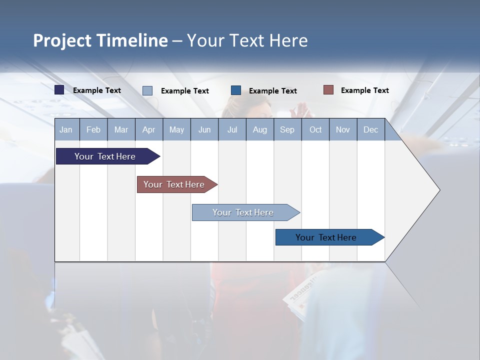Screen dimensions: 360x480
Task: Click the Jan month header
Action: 66,129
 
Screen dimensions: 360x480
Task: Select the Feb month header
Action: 93,129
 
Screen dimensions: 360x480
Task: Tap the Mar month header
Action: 121,129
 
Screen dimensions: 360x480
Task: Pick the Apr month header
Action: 149,129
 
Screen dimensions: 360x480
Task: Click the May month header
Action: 176,129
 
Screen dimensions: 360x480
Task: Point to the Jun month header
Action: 204,129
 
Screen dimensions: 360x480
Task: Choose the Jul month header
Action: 232,129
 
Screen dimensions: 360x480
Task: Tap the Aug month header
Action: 260,129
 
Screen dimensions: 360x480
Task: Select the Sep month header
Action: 287,129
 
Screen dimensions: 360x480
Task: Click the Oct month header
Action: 315,129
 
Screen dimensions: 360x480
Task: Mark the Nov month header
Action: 343,129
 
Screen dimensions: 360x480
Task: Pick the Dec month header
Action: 371,129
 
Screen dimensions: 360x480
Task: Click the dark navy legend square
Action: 59,90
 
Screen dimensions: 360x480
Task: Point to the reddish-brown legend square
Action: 328,90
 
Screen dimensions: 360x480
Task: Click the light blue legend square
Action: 147,90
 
